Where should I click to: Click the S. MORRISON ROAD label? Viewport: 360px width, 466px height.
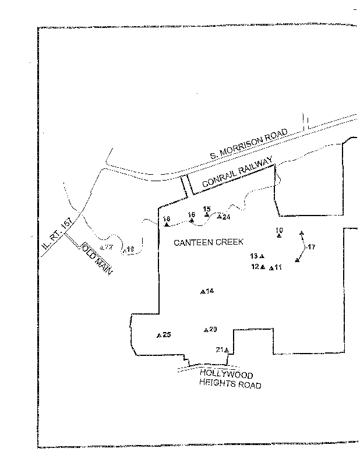249,146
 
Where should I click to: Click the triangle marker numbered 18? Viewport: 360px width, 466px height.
167,224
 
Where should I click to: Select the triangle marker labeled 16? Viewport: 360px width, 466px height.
192,220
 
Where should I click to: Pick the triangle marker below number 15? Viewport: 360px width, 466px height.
207,215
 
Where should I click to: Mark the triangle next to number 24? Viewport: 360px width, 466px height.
219,217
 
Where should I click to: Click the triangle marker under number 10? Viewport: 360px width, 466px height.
279,235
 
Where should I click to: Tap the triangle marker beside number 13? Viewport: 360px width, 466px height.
262,256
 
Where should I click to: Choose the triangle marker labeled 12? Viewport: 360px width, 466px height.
263,267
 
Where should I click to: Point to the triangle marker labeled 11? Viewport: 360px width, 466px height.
271,267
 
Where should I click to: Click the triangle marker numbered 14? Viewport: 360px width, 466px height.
202,291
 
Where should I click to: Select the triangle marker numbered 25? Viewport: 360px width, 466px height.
159,335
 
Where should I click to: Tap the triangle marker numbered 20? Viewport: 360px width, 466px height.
206,330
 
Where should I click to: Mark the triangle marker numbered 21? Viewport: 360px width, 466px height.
226,350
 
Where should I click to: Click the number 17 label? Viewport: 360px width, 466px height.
311,248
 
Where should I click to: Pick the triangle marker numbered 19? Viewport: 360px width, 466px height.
125,250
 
